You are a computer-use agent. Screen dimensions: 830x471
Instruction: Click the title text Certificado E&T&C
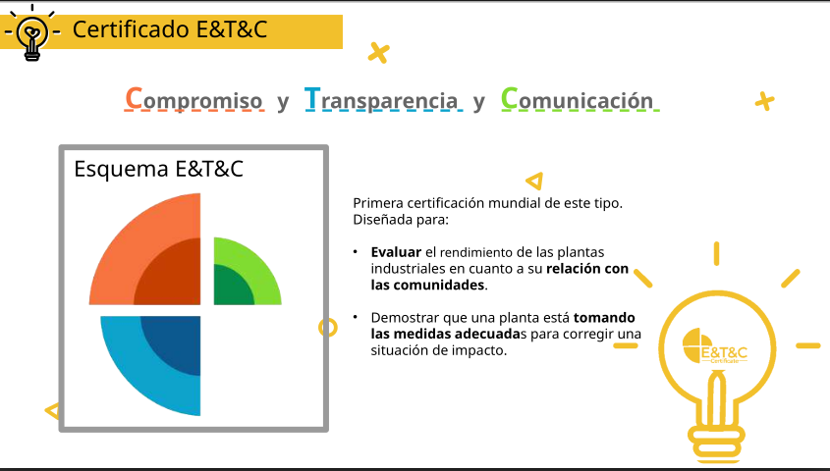point(170,29)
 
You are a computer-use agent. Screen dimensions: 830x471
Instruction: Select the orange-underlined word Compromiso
point(194,99)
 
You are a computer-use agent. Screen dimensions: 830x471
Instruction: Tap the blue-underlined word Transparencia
point(381,99)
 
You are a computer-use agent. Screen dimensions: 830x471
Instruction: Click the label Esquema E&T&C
point(158,169)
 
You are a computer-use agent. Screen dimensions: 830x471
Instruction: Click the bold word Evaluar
point(396,252)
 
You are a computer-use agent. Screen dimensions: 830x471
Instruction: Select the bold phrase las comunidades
point(427,285)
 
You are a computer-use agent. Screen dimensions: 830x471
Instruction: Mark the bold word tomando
point(604,318)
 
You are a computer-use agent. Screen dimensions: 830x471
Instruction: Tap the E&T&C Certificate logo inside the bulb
point(715,346)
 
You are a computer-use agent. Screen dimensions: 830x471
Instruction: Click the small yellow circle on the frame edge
point(328,328)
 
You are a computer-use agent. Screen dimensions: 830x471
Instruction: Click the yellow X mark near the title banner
point(379,53)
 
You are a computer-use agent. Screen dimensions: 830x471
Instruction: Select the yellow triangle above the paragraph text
point(534,182)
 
